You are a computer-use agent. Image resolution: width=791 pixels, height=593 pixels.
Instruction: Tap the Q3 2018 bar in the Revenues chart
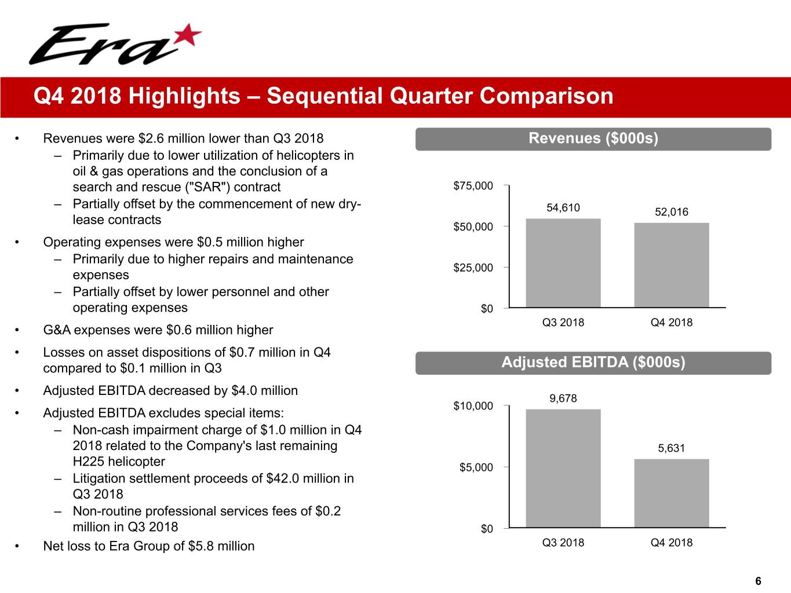tap(563, 263)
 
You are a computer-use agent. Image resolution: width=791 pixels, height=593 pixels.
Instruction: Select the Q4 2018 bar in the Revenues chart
tap(671, 265)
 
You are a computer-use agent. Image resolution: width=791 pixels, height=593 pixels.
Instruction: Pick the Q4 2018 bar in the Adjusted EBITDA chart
tap(671, 493)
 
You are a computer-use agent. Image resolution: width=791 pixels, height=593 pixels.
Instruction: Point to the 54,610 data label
tap(563, 208)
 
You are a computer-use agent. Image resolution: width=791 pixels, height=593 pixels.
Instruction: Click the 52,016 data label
tap(671, 212)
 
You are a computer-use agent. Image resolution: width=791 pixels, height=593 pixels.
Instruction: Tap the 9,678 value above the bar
tap(563, 398)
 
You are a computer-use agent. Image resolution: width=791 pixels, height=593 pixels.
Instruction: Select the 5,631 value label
tap(671, 448)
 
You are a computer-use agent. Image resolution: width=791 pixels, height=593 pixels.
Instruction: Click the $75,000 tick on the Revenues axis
tap(473, 186)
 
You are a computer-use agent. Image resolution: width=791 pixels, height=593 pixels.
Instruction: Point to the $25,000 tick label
tap(473, 268)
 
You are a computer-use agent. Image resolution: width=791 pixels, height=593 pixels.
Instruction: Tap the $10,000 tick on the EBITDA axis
tap(473, 406)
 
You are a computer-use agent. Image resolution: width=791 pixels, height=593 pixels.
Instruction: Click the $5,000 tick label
tap(476, 467)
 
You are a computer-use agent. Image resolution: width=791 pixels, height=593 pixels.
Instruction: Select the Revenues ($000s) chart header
tap(593, 138)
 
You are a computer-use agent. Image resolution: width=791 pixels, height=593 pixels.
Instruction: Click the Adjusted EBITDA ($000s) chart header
tap(593, 363)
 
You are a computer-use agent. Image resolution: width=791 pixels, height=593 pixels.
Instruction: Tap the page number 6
tap(758, 581)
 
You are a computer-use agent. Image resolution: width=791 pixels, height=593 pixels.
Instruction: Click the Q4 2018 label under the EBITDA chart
tap(671, 543)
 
